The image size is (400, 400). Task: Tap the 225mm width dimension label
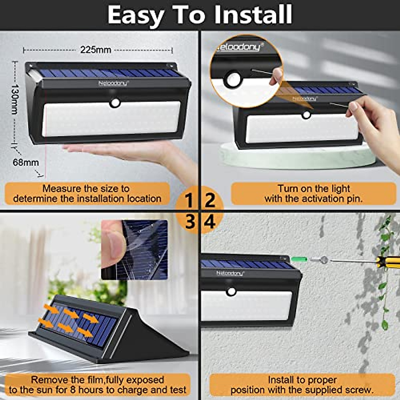[96, 50]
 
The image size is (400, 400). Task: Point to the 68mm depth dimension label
[26, 163]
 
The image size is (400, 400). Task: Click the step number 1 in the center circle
[189, 200]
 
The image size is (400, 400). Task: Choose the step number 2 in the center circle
[210, 200]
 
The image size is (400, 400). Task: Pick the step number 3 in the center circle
[190, 222]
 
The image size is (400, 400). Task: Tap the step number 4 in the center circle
[210, 222]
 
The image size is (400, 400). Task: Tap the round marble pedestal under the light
[293, 157]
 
